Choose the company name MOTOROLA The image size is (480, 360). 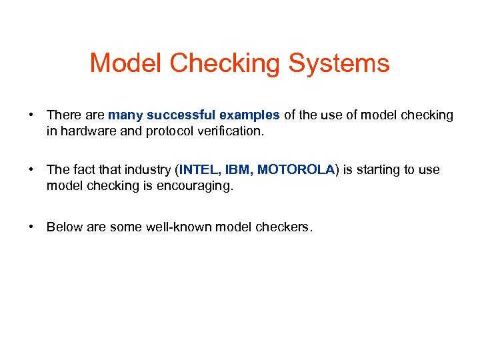pyautogui.click(x=295, y=170)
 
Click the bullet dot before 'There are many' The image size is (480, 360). pyautogui.click(x=31, y=115)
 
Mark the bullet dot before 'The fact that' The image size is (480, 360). pyautogui.click(x=31, y=170)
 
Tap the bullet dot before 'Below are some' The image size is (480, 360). pyautogui.click(x=31, y=227)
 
